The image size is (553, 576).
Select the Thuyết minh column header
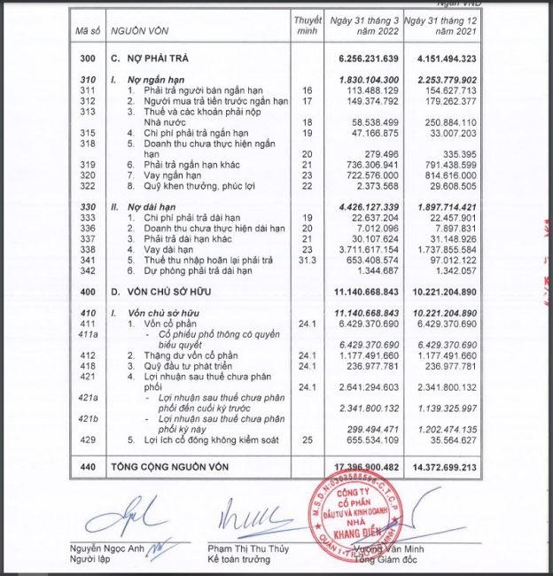click(307, 26)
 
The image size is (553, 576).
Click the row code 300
click(86, 58)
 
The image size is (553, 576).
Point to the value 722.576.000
click(367, 177)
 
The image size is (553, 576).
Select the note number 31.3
click(307, 261)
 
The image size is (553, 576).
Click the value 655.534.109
click(367, 439)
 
